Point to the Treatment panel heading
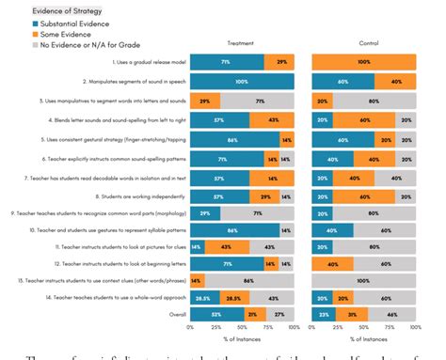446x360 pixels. pos(241,43)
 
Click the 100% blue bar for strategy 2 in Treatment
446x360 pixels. pos(242,82)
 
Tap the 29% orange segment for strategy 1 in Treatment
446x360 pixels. pos(279,62)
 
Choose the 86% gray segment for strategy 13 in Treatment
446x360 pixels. pos(249,280)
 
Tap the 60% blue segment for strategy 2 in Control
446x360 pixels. pos(343,82)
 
